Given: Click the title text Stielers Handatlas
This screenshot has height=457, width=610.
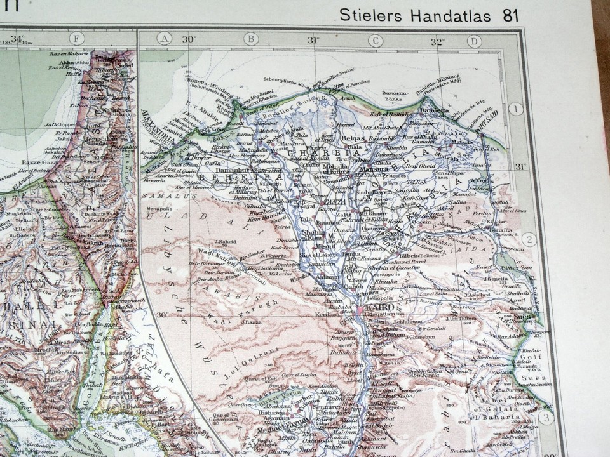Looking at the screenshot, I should [415, 15].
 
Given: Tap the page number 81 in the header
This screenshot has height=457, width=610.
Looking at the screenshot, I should [510, 15].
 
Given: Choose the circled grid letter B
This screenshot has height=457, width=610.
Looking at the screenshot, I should [251, 39].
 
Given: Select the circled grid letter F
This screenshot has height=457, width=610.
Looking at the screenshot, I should [76, 39].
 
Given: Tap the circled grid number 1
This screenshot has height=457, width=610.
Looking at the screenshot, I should [515, 109].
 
